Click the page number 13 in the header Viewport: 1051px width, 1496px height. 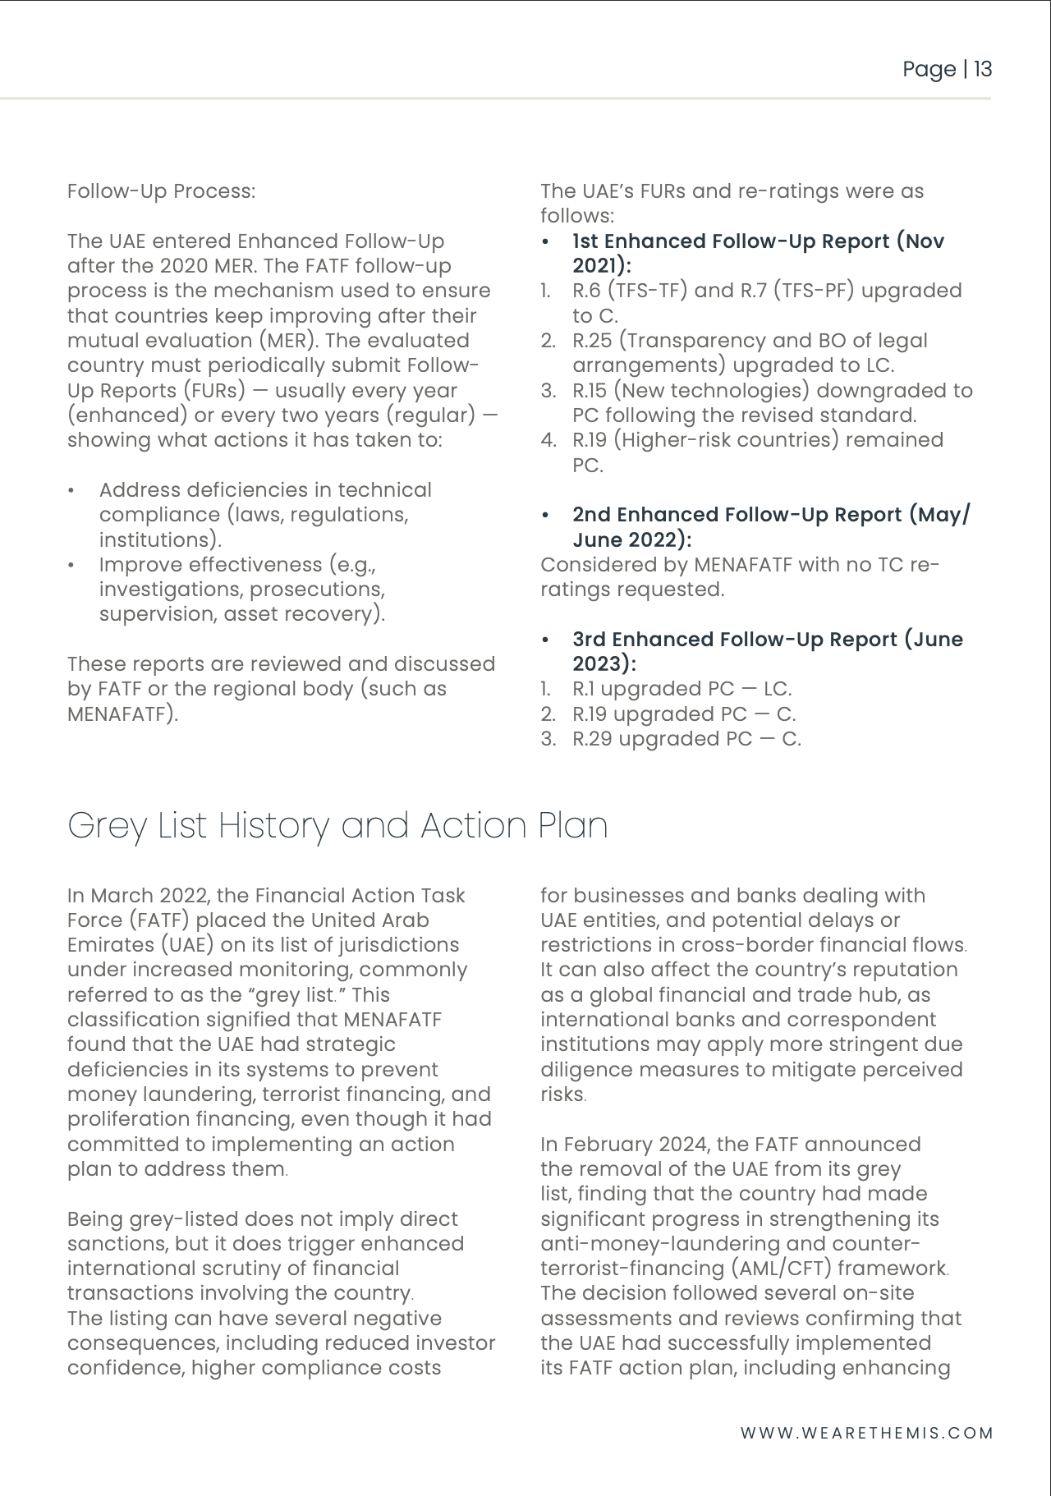[983, 69]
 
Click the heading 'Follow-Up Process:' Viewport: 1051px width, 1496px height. [161, 191]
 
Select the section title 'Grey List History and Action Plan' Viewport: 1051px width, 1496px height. [337, 825]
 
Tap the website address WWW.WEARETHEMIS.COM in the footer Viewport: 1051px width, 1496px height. [866, 1433]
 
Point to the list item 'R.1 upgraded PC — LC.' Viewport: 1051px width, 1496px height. [682, 689]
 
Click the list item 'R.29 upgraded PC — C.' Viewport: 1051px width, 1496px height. [686, 739]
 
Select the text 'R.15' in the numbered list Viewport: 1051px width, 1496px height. [589, 391]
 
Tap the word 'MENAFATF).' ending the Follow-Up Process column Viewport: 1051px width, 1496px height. [122, 714]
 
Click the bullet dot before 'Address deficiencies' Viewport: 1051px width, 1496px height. [72, 491]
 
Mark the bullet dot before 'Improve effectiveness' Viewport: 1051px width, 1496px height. [72, 566]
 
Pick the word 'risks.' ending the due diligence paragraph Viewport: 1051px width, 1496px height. [563, 1094]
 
